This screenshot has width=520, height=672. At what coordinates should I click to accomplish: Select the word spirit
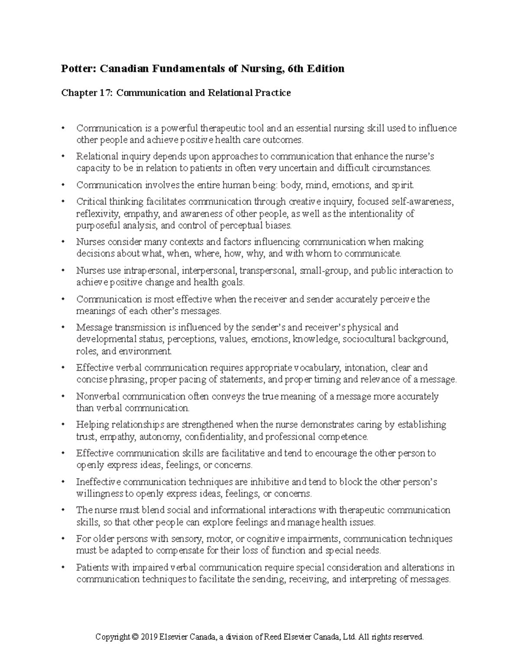403,185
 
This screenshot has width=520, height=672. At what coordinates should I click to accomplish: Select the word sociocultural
368,339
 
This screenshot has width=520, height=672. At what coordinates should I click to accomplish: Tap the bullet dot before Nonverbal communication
64,396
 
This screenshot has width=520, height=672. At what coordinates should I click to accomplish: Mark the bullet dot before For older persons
64,539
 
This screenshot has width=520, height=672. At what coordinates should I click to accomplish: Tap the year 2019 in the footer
149,637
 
